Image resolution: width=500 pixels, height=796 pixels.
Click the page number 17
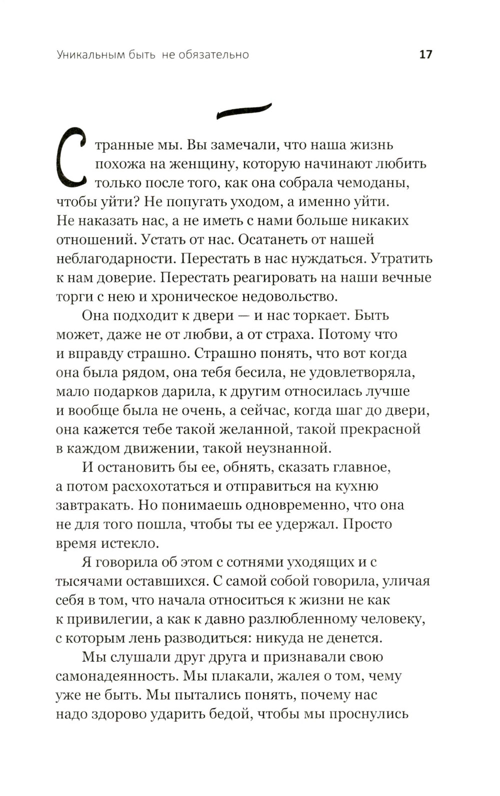(x=425, y=54)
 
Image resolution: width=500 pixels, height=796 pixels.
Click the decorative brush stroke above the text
(x=244, y=111)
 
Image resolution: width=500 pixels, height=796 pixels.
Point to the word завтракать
(x=94, y=505)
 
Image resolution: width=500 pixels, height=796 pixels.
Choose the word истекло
(x=130, y=543)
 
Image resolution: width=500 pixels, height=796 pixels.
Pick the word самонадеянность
(x=116, y=677)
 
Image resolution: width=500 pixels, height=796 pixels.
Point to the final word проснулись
(x=369, y=715)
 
